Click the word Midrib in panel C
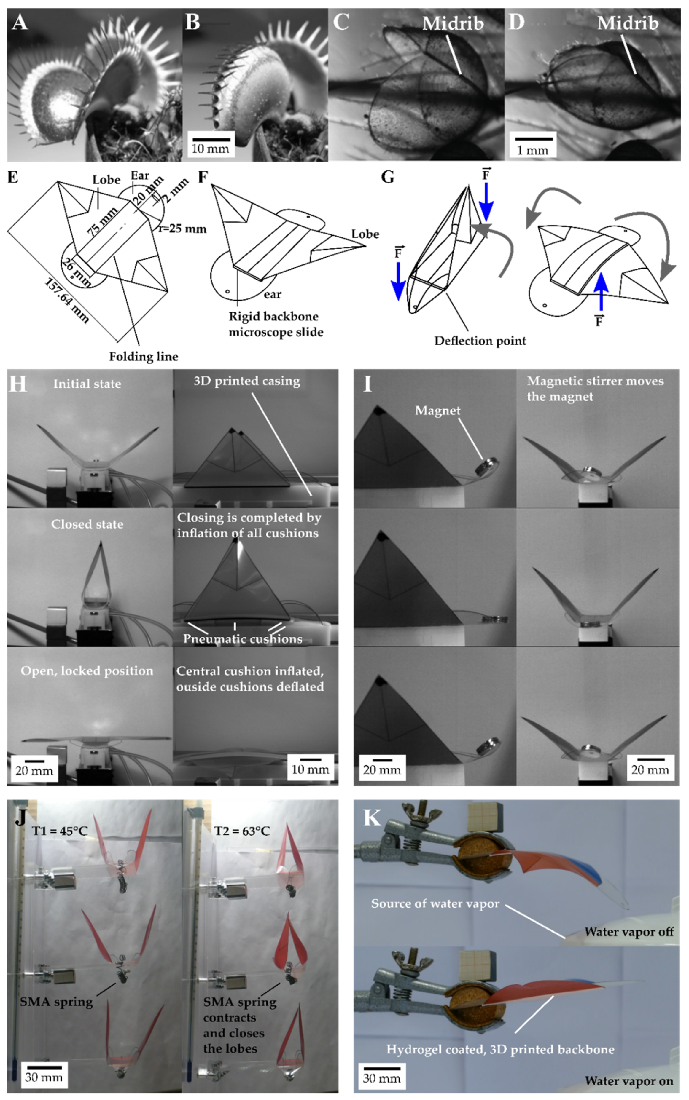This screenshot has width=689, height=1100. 453,24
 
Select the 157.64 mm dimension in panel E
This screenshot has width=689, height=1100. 67,301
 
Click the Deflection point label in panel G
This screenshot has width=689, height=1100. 480,341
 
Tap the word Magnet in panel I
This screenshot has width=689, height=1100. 437,411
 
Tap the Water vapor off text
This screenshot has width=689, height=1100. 628,932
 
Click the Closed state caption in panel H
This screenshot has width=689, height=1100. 87,524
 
